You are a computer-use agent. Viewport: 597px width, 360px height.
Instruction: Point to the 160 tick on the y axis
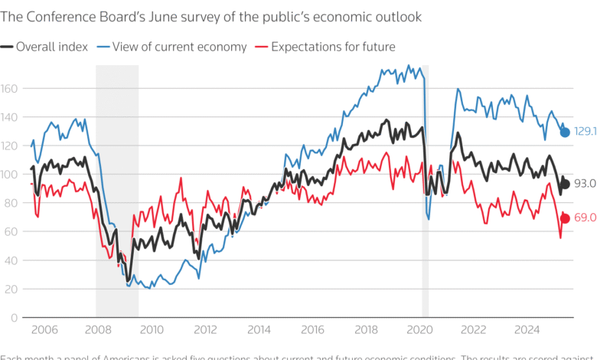coord(9,89)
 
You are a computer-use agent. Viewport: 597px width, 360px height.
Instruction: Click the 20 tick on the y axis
coord(9,289)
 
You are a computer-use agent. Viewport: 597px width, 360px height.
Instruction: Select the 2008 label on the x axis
coord(97,329)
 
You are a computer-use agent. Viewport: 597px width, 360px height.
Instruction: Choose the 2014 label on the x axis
coord(259,329)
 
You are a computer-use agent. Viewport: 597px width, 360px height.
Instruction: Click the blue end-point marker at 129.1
coord(565,132)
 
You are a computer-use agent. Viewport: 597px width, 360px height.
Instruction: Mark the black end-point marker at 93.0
coord(565,184)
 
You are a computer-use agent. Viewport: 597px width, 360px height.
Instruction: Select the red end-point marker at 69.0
coord(565,218)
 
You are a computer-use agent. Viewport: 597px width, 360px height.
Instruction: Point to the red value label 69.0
coord(585,218)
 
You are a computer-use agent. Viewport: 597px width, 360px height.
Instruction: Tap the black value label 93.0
coord(585,184)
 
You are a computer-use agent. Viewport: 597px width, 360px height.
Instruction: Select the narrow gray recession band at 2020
coord(426,191)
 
